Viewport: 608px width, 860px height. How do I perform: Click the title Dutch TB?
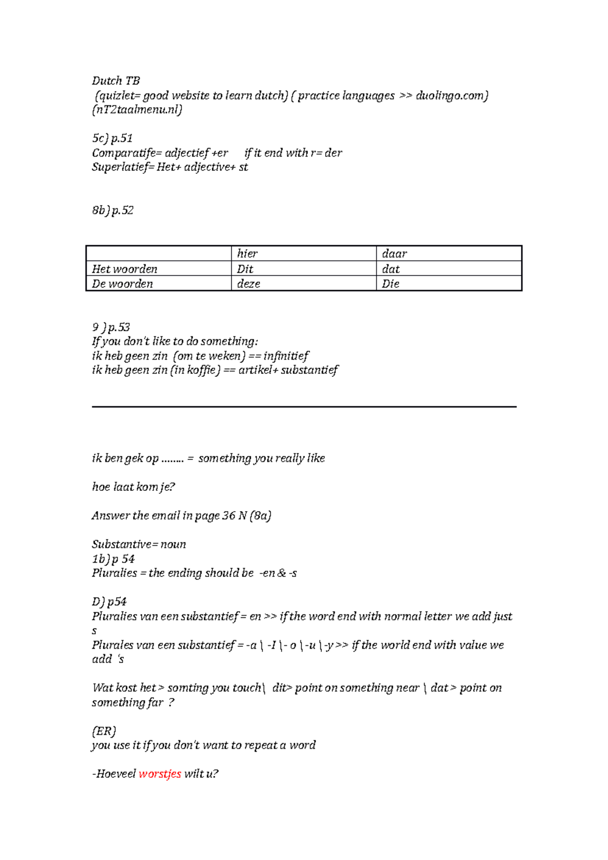coord(116,81)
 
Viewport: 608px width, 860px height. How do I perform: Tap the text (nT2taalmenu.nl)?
coord(137,110)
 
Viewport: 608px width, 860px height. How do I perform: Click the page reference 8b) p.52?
coord(112,211)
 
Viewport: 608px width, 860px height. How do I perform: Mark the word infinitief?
coord(286,356)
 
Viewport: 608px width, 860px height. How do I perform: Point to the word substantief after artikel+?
coord(310,370)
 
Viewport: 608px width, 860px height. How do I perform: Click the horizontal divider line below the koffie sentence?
coord(304,406)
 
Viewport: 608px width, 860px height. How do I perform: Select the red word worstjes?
coord(160,774)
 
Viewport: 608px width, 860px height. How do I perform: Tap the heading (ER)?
coord(104,731)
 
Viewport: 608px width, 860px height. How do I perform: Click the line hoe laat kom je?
coord(133,487)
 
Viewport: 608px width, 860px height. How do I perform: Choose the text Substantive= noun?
coord(139,544)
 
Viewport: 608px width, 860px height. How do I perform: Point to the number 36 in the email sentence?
coord(229,516)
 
